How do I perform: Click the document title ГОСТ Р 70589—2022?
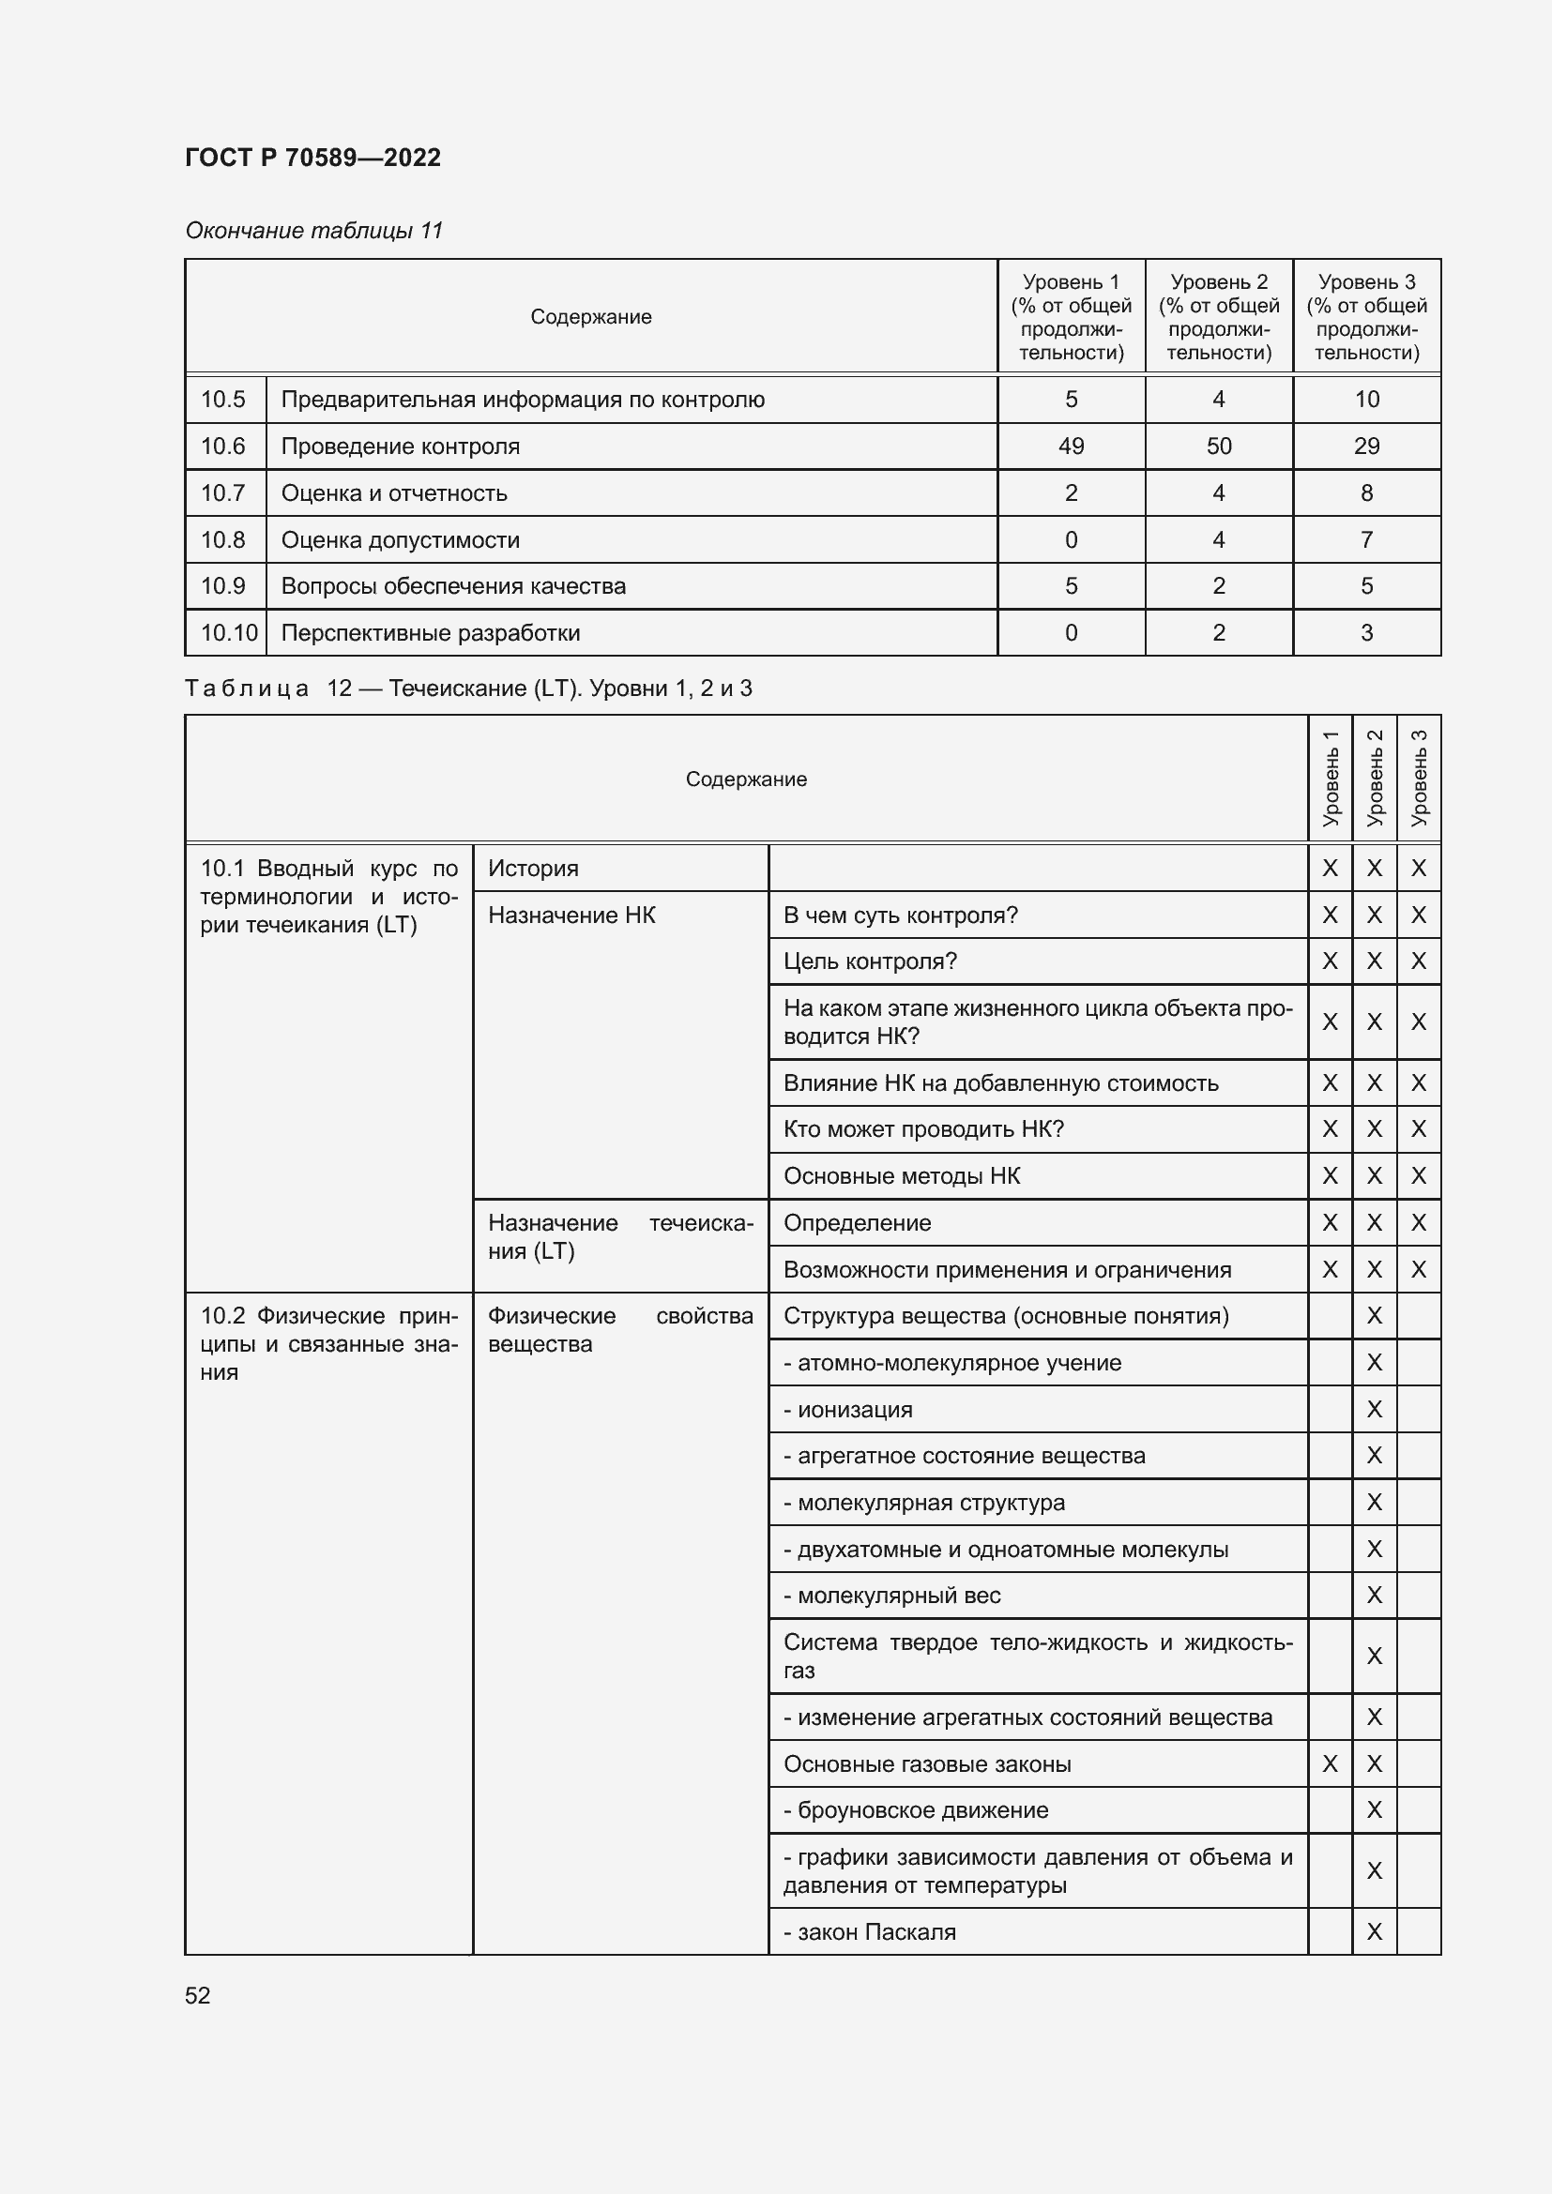(x=312, y=158)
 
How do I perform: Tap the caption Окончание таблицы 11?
(x=313, y=231)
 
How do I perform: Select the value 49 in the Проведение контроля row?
(x=1071, y=446)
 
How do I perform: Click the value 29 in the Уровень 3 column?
(x=1365, y=446)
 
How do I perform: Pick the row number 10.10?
(x=228, y=632)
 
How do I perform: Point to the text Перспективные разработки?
(x=430, y=632)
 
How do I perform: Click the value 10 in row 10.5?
(x=1365, y=400)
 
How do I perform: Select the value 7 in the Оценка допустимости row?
(x=1365, y=540)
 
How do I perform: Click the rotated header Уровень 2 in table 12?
(x=1374, y=778)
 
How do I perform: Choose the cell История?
(x=533, y=869)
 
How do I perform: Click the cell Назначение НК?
(x=571, y=915)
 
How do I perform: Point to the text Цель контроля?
(x=870, y=961)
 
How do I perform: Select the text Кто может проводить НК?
(x=923, y=1128)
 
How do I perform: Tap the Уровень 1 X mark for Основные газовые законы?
(x=1330, y=1764)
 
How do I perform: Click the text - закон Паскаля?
(x=869, y=1932)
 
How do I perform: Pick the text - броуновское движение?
(x=916, y=1809)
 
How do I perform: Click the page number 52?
(x=198, y=1995)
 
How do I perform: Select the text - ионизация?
(x=847, y=1410)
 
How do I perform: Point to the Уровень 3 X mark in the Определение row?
(x=1418, y=1222)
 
